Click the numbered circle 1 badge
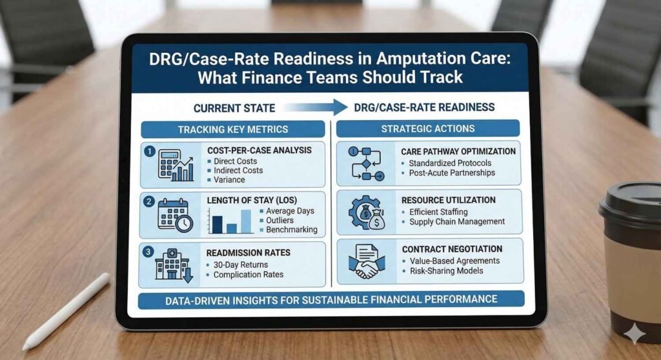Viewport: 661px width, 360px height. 149,152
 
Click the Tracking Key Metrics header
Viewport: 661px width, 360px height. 233,129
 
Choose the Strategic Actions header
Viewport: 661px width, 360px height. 427,128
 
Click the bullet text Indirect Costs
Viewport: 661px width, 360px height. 238,170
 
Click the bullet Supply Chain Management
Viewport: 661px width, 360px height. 457,222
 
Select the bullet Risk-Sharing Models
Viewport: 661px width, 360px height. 446,270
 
